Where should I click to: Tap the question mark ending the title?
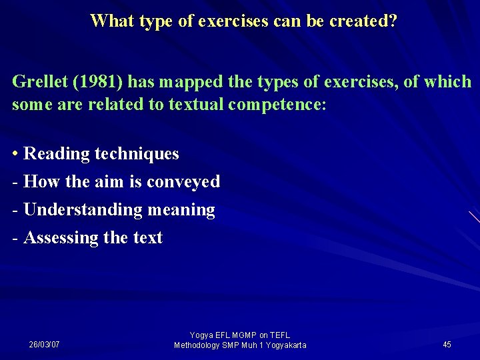click(x=392, y=21)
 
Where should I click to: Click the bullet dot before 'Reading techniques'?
click(x=15, y=154)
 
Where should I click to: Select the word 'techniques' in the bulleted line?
click(x=137, y=154)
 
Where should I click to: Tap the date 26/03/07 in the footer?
click(x=44, y=345)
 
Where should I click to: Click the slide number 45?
click(x=447, y=345)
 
